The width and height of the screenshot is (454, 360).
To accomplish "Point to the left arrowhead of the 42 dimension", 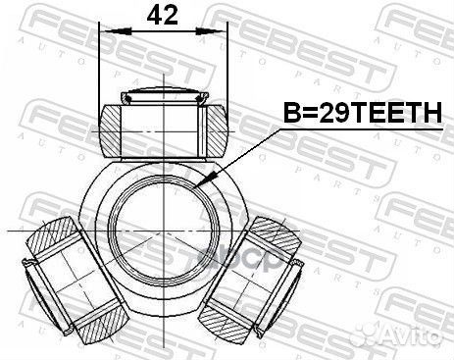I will (x=106, y=32).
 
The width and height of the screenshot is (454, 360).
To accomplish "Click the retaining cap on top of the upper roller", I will (x=162, y=96).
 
